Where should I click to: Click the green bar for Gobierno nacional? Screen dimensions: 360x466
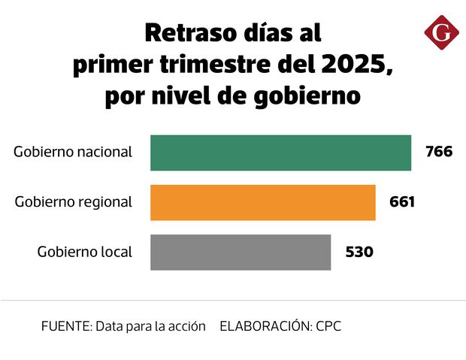coord(280,153)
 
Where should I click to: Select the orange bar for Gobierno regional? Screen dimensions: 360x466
coord(262,202)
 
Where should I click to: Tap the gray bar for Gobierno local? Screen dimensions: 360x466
coord(241,252)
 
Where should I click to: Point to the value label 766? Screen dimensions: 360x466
coord(439,152)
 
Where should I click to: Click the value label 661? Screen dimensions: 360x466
coord(402,202)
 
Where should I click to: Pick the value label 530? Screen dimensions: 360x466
coord(359,252)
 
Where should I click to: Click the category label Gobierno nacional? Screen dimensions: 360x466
coord(73,152)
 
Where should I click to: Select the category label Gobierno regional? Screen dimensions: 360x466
coord(74,202)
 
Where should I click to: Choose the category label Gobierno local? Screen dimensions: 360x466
coord(84,252)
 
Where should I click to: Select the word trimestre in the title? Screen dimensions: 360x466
coord(214,65)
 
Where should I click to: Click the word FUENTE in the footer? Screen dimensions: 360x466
coord(65,327)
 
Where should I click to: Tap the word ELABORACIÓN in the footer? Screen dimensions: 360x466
coord(265,327)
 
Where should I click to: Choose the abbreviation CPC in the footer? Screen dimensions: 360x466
coord(328,327)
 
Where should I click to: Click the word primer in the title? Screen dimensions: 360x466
coord(107,66)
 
